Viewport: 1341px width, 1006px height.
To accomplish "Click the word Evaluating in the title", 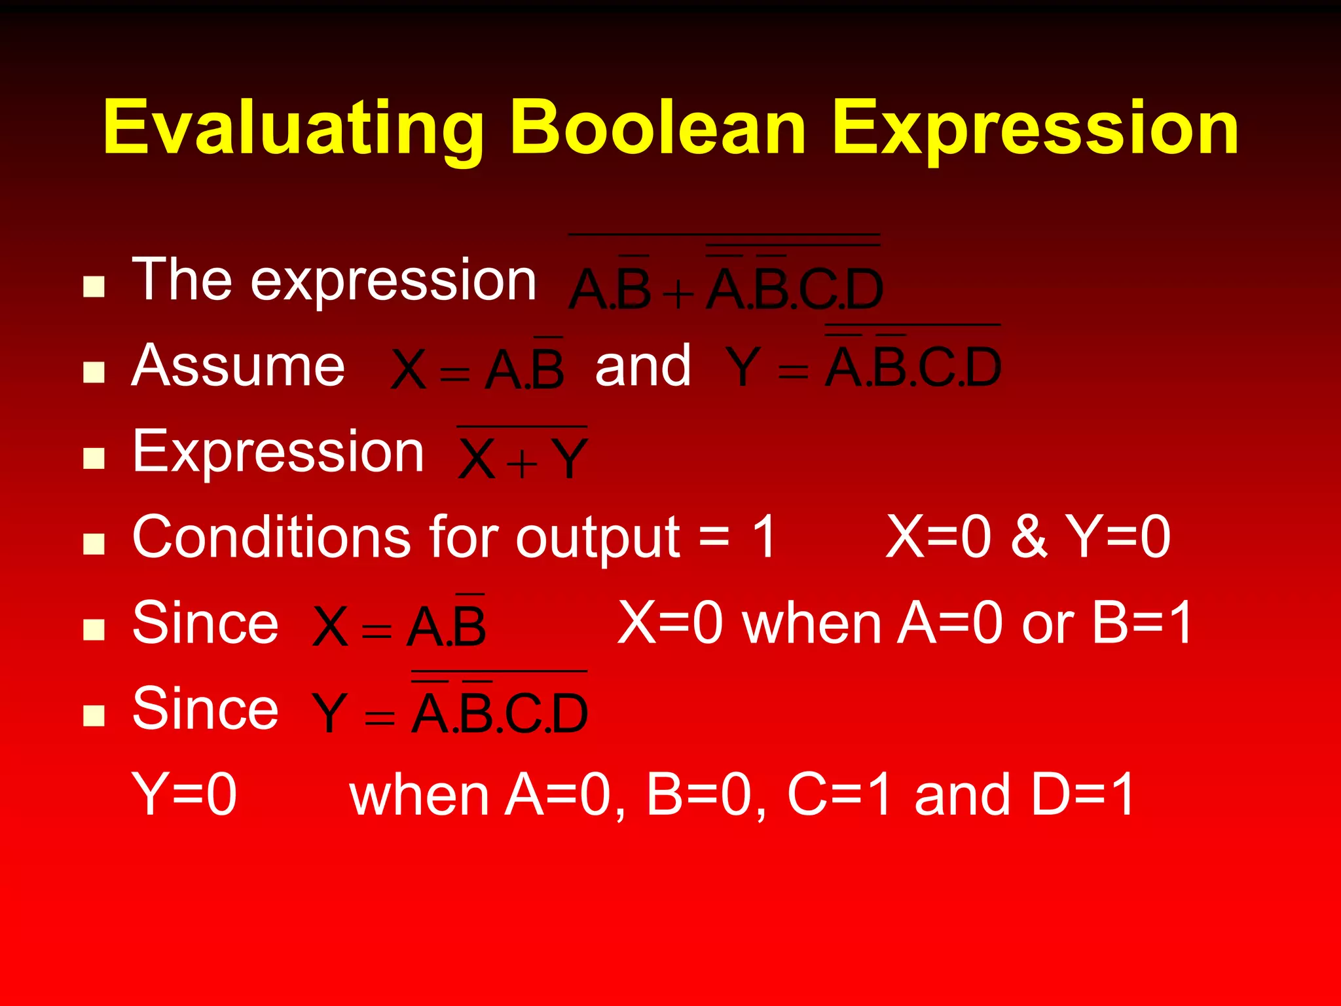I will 293,128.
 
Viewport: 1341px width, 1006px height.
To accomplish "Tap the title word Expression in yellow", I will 1035,128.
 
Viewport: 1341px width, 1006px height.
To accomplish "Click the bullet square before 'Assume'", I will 94,372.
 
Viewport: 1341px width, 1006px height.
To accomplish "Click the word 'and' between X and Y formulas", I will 643,367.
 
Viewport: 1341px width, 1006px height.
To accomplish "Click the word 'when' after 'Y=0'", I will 419,795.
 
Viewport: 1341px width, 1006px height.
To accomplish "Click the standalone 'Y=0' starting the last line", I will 185,794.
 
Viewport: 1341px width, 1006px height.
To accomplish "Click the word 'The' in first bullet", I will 182,280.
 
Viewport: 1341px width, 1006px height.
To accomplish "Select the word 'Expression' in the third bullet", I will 278,451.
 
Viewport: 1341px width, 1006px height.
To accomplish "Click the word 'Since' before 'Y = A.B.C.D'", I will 205,709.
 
